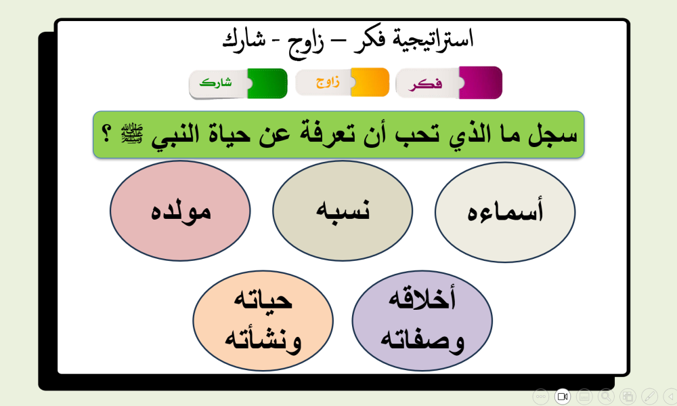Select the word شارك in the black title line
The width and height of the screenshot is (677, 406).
click(244, 40)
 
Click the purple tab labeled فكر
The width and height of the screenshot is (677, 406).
click(449, 83)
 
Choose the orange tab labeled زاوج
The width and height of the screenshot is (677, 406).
click(343, 82)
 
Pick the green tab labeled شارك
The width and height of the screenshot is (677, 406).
click(238, 83)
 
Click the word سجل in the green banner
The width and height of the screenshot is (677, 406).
click(552, 134)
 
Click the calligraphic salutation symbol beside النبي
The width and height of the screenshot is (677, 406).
click(132, 134)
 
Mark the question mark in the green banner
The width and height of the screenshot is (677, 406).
click(106, 134)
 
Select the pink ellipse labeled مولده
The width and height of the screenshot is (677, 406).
click(180, 211)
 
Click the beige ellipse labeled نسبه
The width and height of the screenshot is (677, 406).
click(343, 211)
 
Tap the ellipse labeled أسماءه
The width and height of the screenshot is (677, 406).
click(505, 212)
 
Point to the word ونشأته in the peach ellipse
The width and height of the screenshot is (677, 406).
click(263, 339)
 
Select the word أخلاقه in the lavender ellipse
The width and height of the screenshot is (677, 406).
click(422, 298)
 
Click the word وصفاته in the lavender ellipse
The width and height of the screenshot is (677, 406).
click(422, 339)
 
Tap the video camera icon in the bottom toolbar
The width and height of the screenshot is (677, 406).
click(563, 396)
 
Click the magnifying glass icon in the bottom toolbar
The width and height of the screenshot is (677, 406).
click(606, 396)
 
